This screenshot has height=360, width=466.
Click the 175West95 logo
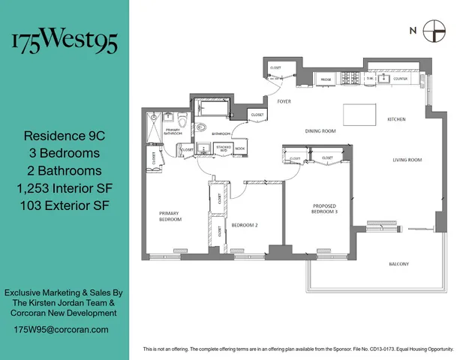[64, 42]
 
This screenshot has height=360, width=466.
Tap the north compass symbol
[434, 31]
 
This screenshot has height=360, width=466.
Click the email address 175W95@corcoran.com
[61, 329]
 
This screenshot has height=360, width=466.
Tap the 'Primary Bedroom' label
[170, 216]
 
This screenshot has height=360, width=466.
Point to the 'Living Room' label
[407, 160]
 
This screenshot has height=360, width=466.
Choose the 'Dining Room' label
[320, 131]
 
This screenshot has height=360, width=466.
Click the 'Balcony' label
[398, 264]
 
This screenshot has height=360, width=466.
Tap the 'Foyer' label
[284, 100]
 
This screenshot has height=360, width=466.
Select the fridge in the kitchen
[326, 78]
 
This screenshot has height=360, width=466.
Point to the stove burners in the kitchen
[350, 77]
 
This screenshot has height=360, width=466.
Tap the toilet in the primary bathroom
[182, 119]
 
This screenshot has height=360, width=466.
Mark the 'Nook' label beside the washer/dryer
[239, 148]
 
